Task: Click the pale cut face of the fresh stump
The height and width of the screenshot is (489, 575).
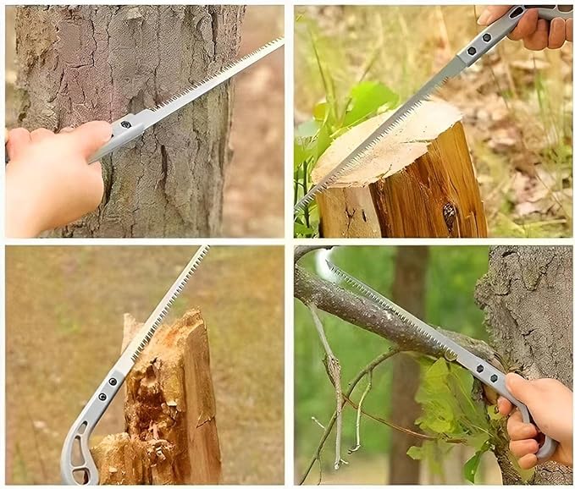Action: pyautogui.click(x=385, y=144)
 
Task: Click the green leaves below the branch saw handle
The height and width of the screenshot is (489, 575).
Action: pyautogui.click(x=449, y=406)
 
